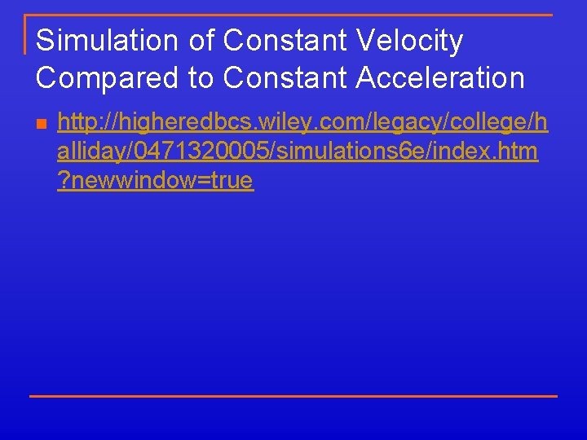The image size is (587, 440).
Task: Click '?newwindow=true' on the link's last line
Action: click(x=156, y=180)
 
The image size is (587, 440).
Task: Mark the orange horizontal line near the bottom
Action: click(x=293, y=396)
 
